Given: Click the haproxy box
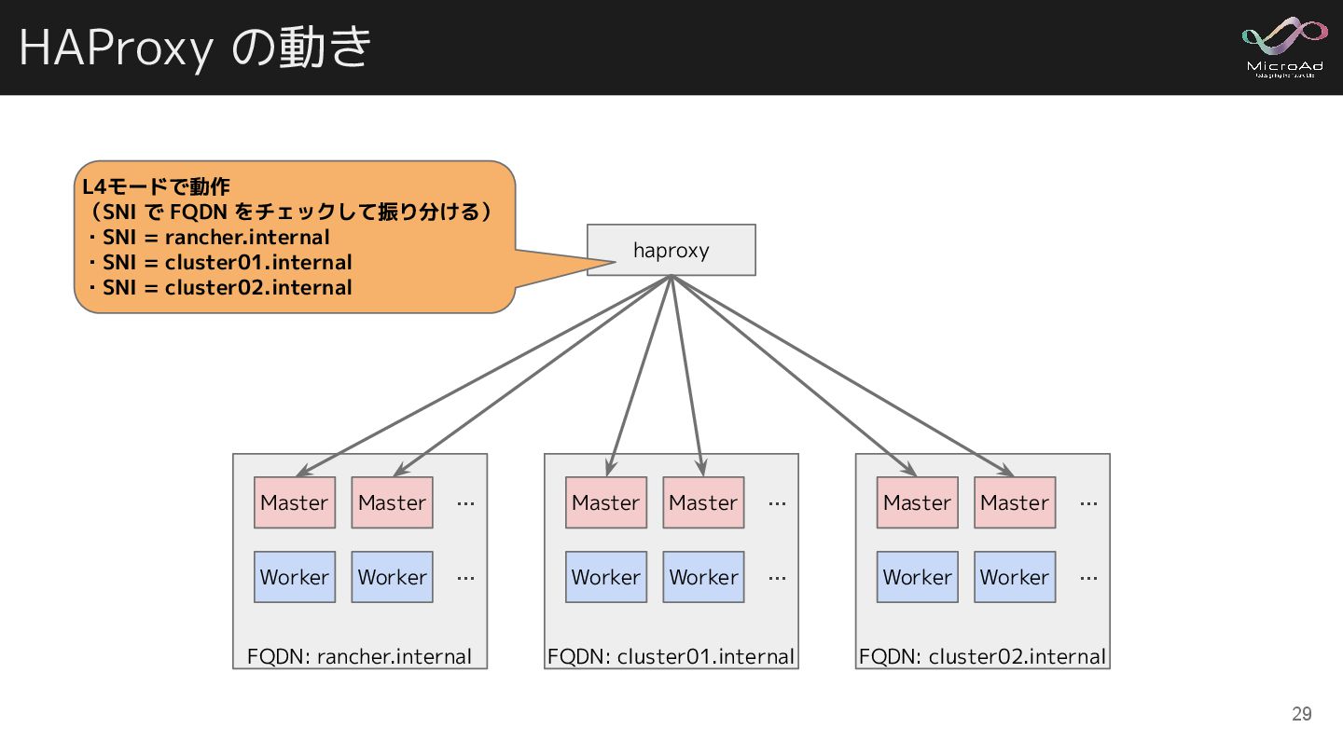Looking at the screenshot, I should [x=671, y=250].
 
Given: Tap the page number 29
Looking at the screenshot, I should [x=1301, y=714].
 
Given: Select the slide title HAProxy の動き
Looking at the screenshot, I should [x=195, y=47].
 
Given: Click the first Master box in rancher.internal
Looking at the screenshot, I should [x=295, y=502].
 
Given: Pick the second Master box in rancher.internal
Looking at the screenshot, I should [x=392, y=502].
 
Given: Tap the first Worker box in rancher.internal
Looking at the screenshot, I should [x=295, y=577].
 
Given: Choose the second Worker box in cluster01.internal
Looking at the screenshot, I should [x=703, y=577].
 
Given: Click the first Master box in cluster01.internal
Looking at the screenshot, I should [x=606, y=502].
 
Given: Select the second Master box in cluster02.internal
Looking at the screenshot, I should [x=1015, y=502].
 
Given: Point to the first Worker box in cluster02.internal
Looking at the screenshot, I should [x=918, y=577].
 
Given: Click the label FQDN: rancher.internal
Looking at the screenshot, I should [x=359, y=656].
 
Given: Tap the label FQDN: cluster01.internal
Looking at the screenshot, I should [x=671, y=656].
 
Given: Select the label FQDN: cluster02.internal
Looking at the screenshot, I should [x=982, y=656].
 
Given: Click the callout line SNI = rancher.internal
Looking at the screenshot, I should [x=215, y=237].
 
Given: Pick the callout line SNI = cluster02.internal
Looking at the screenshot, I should [x=227, y=287].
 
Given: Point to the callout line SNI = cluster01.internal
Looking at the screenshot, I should [x=227, y=262].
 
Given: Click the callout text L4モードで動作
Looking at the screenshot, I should [x=156, y=186].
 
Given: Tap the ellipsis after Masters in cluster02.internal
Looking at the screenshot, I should [x=1088, y=503].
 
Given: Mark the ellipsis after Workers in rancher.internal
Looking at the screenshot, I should [x=466, y=578].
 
